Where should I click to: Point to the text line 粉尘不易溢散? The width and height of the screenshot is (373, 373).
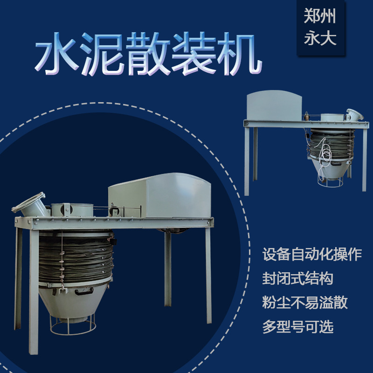click(305, 303)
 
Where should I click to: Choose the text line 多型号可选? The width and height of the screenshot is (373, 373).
click(297, 327)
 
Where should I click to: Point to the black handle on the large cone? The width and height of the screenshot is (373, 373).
click(84, 294)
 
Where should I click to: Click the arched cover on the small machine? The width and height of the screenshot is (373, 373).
click(274, 106)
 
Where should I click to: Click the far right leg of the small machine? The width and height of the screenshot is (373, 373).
click(364, 159)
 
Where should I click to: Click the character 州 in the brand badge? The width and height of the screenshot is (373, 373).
click(329, 16)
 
